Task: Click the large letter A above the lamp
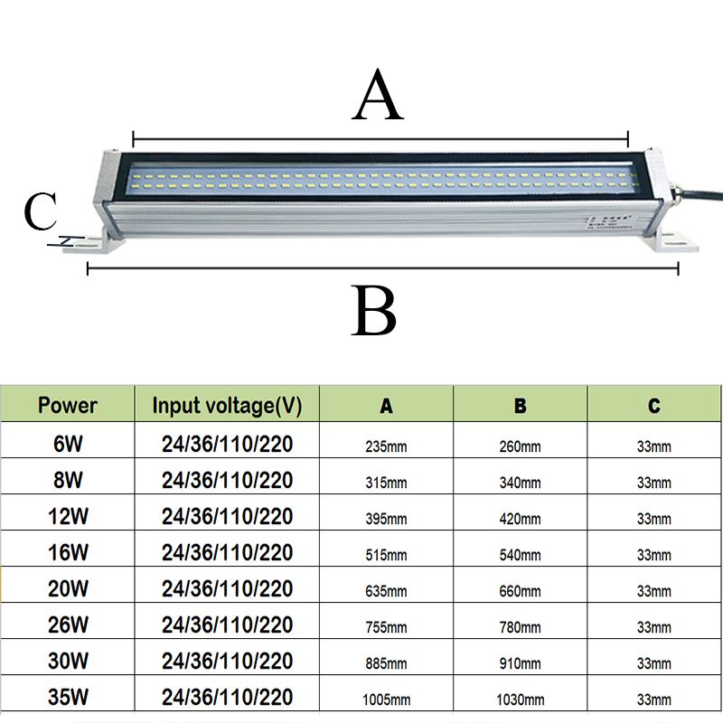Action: [379, 99]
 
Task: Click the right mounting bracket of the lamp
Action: [671, 241]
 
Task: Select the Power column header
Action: [68, 405]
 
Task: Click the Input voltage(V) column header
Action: [227, 405]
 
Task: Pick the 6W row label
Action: [68, 444]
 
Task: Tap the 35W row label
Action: [68, 699]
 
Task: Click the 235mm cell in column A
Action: [386, 446]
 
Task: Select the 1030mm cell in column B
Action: [521, 700]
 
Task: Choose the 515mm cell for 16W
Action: [386, 555]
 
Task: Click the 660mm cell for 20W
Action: [521, 591]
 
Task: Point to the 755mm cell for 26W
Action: [386, 627]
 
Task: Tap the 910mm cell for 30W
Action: [521, 663]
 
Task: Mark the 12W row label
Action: [68, 516]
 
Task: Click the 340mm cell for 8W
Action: [521, 483]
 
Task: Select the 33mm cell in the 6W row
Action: [654, 446]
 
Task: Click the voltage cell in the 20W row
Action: [227, 589]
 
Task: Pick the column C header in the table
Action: [654, 406]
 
